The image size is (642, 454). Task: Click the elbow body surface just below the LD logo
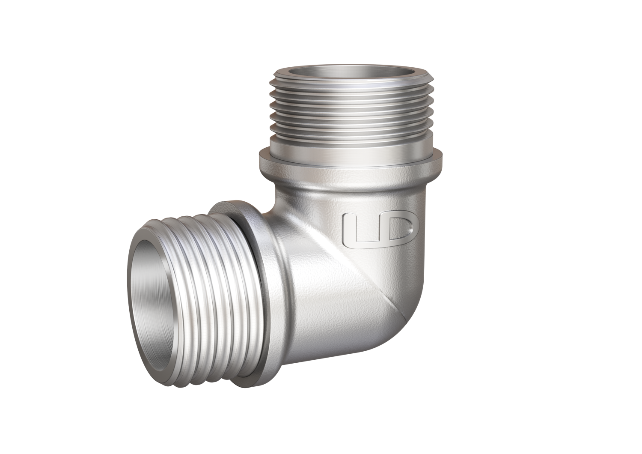[377, 261]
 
